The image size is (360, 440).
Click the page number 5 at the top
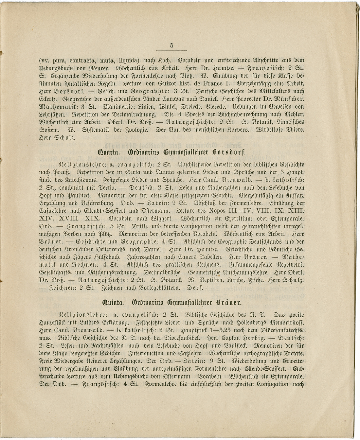pyautogui.click(x=171, y=46)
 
